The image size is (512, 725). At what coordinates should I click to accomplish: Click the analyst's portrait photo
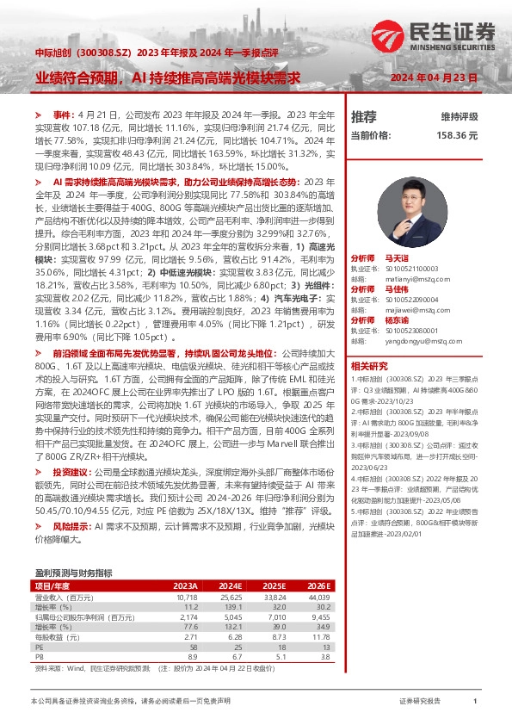pyautogui.click(x=421, y=194)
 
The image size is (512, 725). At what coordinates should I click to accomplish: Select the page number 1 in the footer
pyautogui.click(x=475, y=703)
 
